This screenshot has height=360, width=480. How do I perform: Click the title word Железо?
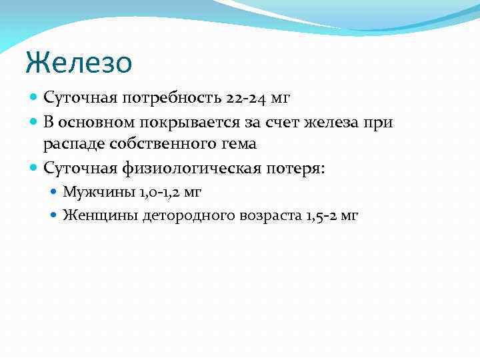click(x=79, y=64)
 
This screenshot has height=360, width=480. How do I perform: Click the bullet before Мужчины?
click(x=55, y=192)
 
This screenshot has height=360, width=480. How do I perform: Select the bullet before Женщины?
click(x=55, y=215)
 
